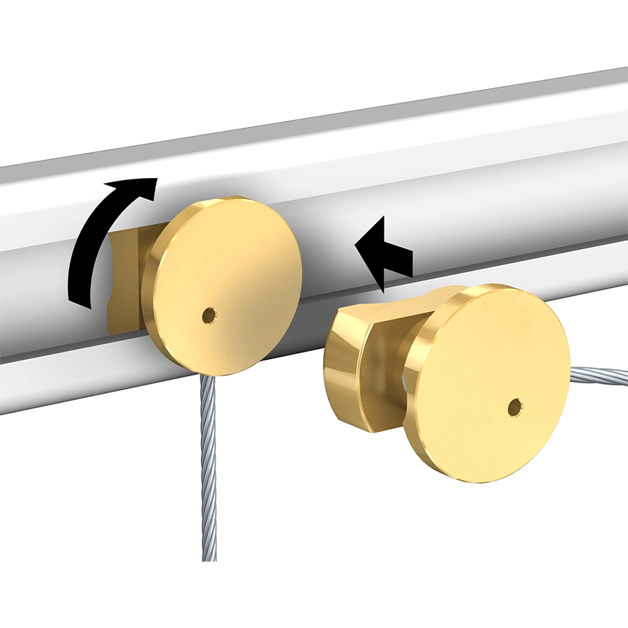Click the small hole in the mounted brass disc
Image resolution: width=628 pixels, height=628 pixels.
(x=209, y=315)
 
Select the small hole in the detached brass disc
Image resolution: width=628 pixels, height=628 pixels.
(x=515, y=407)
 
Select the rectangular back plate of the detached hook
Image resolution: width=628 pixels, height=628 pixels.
(x=345, y=370)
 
